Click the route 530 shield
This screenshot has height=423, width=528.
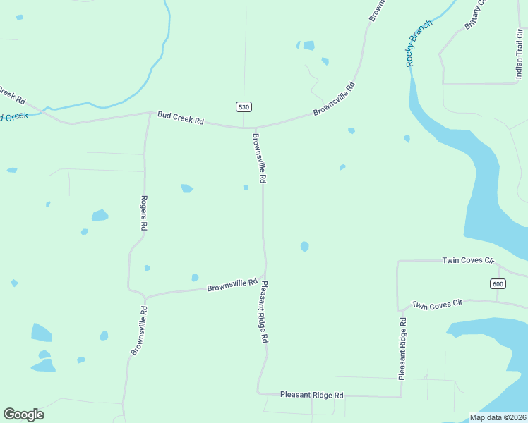(244, 106)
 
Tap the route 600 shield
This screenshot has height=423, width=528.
(498, 283)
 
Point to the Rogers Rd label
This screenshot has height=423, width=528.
(143, 213)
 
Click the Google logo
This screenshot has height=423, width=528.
(23, 415)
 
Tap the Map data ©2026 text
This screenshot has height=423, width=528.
(498, 417)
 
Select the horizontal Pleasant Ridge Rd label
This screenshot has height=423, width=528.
(311, 396)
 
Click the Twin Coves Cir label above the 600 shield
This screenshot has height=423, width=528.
(467, 260)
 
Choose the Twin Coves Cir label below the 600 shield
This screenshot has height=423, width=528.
(436, 304)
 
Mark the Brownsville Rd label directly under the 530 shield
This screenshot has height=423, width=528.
(258, 159)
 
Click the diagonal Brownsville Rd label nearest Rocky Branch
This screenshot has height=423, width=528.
(334, 99)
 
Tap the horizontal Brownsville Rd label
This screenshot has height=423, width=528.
(232, 285)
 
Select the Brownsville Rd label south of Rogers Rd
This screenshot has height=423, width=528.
(138, 330)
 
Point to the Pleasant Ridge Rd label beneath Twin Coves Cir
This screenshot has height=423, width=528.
(402, 349)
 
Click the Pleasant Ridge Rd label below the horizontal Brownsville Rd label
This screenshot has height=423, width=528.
(264, 312)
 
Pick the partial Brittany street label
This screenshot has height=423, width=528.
(475, 15)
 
